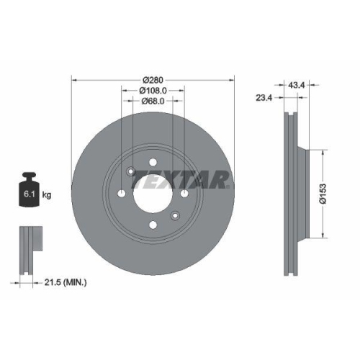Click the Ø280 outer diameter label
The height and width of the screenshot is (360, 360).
(153, 79)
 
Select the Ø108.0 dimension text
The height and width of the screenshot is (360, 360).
(153, 91)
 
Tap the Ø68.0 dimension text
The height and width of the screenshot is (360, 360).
(153, 102)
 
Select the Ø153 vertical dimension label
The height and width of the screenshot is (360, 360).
(324, 192)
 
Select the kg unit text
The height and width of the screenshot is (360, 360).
(47, 195)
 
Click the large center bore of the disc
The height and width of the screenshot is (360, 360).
(153, 194)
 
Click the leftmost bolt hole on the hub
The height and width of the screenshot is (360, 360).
(121, 194)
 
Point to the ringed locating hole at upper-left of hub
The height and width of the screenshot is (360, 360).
(130, 172)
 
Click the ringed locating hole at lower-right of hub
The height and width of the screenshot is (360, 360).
(175, 216)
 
